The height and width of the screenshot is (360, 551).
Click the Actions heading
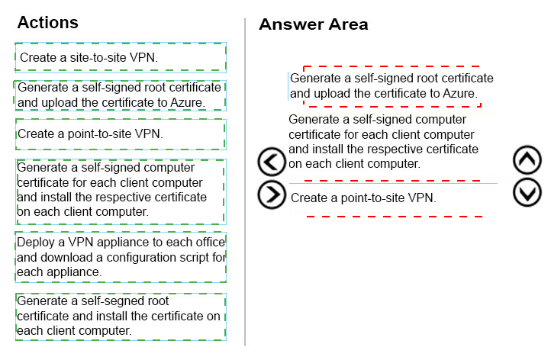click(x=48, y=22)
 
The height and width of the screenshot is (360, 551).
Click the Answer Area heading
click(x=314, y=24)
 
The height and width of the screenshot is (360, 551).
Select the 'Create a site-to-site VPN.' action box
click(x=121, y=57)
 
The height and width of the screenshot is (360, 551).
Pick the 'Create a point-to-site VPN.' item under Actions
click(x=121, y=134)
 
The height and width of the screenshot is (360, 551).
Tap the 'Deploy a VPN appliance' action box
click(x=121, y=257)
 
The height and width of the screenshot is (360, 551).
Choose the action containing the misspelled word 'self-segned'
click(x=121, y=317)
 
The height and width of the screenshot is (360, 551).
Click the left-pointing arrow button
click(x=272, y=162)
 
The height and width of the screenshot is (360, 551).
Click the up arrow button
click(x=527, y=160)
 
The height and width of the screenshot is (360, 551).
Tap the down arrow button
click(x=527, y=192)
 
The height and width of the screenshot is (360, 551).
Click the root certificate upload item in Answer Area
click(x=391, y=85)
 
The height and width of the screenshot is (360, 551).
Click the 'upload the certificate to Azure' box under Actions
click(x=121, y=95)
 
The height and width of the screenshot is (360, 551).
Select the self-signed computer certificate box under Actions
click(x=121, y=191)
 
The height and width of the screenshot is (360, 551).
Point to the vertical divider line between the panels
click(x=245, y=182)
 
